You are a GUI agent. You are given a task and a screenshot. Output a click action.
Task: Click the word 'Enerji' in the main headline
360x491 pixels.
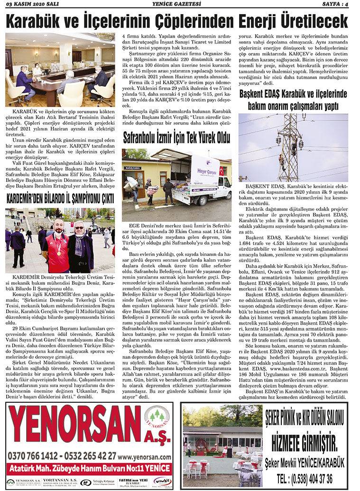[260, 21]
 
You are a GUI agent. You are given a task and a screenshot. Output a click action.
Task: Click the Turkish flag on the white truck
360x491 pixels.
[221, 171]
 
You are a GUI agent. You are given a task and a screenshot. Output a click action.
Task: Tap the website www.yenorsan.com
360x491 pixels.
[145, 456]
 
